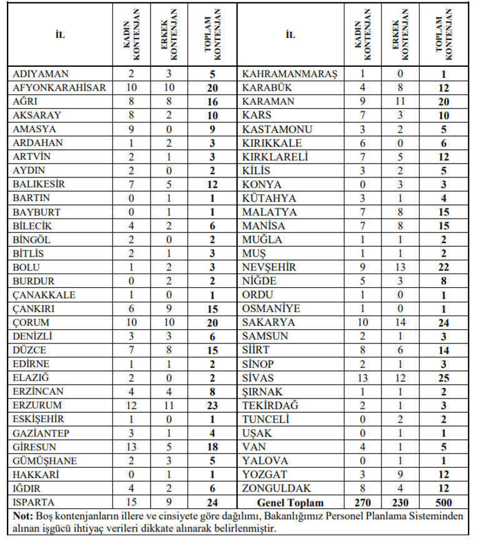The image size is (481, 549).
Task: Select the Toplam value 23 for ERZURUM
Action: tap(212, 405)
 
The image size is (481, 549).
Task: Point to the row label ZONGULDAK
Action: tap(276, 488)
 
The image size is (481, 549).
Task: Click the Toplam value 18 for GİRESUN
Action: tap(212, 447)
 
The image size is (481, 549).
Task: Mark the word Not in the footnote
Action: tap(21, 516)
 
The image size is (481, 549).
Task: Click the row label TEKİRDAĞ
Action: tap(270, 405)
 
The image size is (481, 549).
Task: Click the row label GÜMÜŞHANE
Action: tap(45, 460)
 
